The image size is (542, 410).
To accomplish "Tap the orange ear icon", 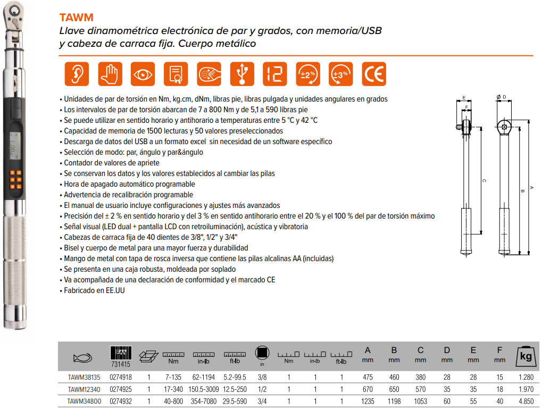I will coord(77,74).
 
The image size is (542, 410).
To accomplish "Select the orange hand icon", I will coord(110,74).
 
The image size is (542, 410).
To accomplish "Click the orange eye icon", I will coord(143,74).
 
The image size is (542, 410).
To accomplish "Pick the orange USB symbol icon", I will coord(242,74).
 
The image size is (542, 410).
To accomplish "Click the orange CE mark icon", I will coord(374,74).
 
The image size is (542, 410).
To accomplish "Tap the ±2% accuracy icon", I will coord(308,74).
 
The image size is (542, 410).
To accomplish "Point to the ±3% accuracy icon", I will coord(341,74).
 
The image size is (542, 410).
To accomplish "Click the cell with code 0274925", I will coord(120,389).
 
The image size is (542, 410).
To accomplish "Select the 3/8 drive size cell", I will coord(261,377).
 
